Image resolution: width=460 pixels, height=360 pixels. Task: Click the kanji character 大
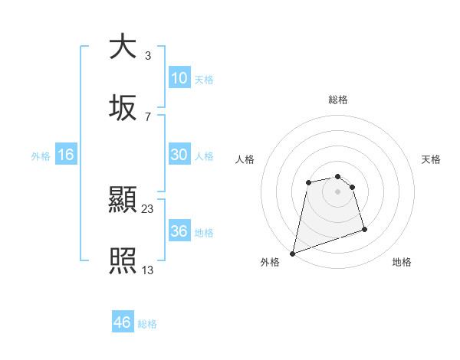click(123, 47)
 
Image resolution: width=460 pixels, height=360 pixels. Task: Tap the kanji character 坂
click(123, 108)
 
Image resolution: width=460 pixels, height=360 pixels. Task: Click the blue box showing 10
click(179, 78)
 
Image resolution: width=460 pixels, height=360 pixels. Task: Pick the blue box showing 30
click(179, 155)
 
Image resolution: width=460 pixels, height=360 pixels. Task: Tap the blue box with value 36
click(179, 231)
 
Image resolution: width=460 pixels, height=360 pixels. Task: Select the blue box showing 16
click(66, 155)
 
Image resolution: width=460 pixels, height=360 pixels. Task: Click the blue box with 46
click(123, 322)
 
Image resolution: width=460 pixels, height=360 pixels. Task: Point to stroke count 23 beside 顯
click(148, 208)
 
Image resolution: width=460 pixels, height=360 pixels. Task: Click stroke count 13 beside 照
click(148, 270)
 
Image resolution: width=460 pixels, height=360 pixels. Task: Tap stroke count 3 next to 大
click(147, 55)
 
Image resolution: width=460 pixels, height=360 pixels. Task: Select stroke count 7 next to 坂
click(147, 116)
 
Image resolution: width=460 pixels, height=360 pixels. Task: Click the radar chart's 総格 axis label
click(338, 100)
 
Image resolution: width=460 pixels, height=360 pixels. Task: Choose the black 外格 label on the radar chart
click(270, 262)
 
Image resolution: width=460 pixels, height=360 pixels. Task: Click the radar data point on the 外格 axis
click(292, 253)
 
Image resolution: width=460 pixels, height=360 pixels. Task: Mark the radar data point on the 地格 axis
click(364, 229)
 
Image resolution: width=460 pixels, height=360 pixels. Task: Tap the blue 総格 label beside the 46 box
click(147, 324)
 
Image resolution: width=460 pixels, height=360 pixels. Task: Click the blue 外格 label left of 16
click(41, 155)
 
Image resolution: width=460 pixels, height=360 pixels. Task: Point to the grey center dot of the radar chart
click(338, 191)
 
